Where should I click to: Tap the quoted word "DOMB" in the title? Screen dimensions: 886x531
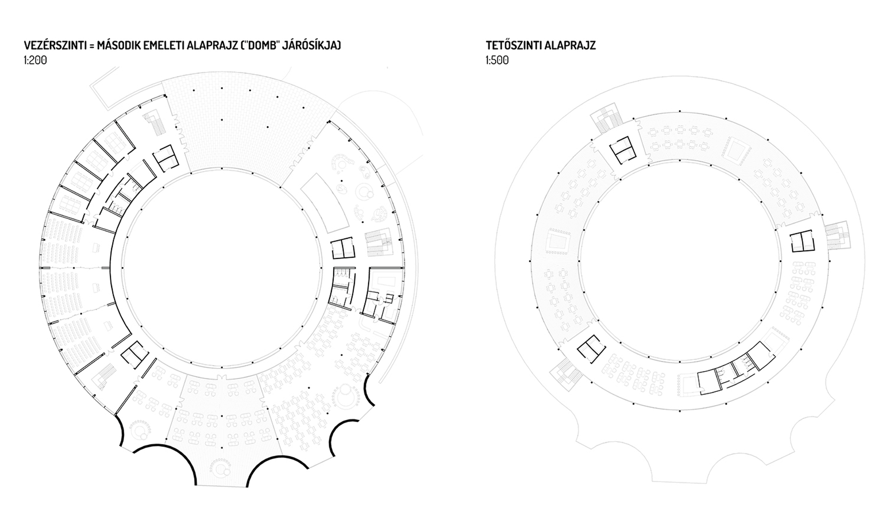258,45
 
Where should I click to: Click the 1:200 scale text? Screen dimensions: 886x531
36,60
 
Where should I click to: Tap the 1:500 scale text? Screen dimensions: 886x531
497,60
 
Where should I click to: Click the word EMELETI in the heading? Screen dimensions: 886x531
158,45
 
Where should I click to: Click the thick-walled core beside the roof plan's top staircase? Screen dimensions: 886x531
623,149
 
